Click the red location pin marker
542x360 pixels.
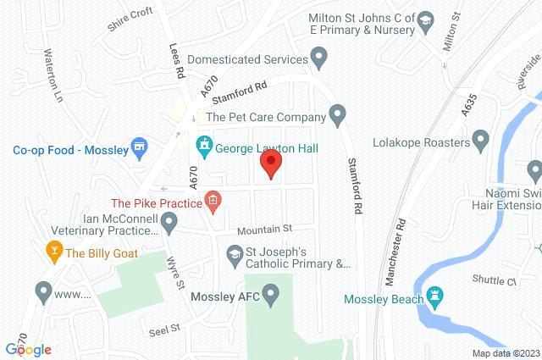click(x=270, y=162)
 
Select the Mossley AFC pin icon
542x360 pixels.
click(x=271, y=296)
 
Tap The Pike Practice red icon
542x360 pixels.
click(x=213, y=202)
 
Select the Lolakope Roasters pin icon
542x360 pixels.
click(x=480, y=137)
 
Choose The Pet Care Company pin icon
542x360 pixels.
click(x=338, y=114)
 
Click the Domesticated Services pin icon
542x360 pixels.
click(x=319, y=59)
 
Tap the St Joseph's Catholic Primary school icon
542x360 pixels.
click(x=234, y=252)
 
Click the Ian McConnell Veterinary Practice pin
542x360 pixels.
click(x=169, y=224)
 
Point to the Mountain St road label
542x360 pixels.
click(x=264, y=229)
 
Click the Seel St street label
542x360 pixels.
click(x=164, y=328)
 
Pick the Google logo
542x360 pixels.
click(x=28, y=349)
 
